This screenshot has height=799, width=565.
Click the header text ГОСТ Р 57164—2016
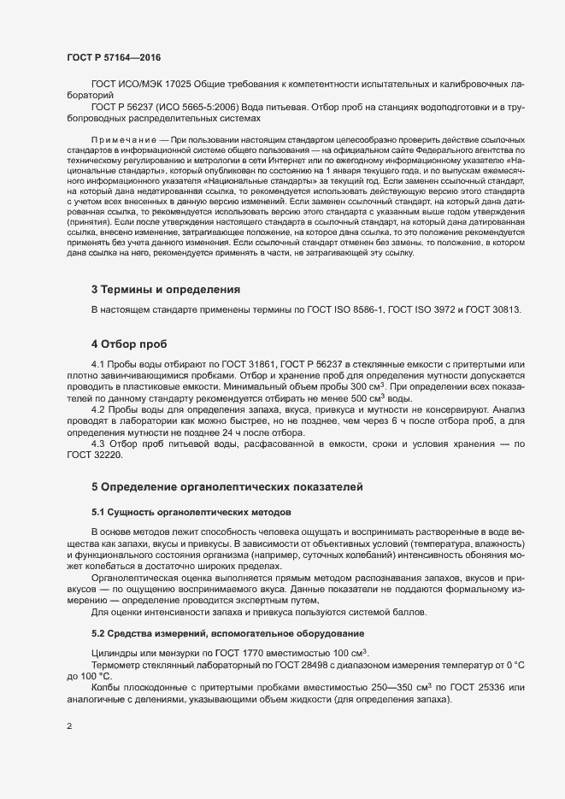point(114,56)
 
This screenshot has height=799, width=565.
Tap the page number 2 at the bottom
point(69,726)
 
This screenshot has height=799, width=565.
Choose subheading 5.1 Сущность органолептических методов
point(191,512)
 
